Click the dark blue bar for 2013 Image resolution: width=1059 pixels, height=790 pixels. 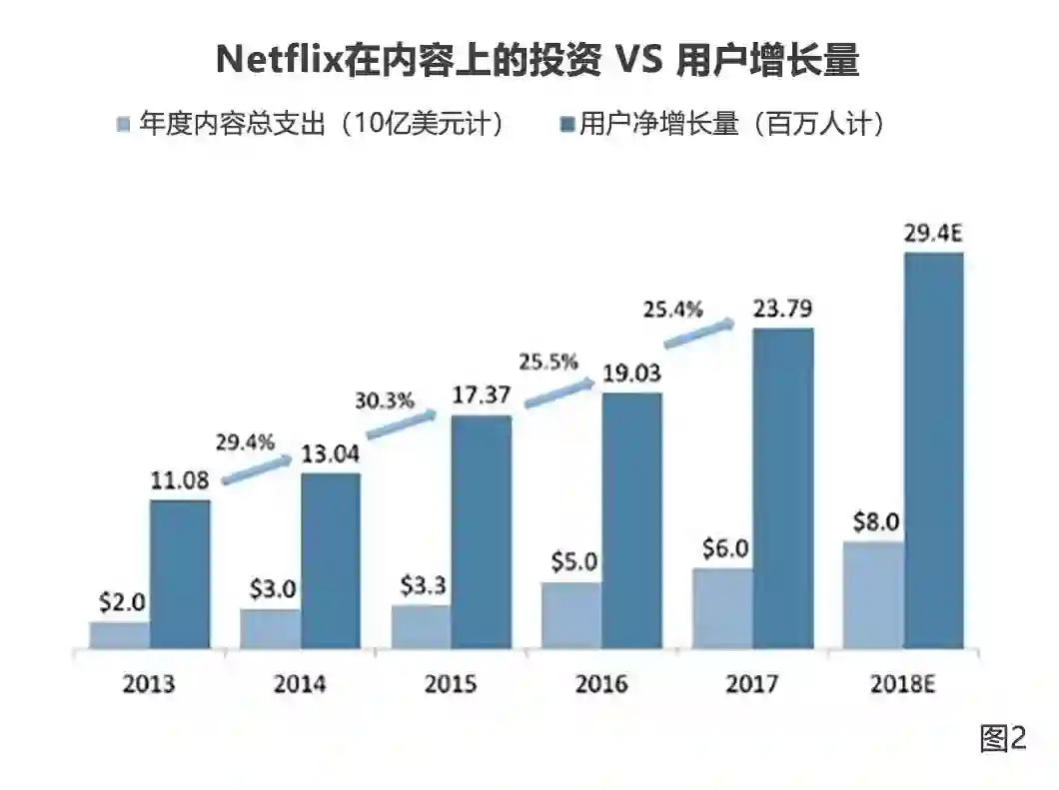tap(180, 574)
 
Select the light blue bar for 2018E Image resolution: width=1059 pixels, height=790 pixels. tap(872, 595)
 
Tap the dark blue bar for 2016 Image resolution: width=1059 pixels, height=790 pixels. tap(631, 520)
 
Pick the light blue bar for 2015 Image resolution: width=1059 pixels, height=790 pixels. tap(421, 627)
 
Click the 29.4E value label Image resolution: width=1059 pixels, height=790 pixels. tap(932, 235)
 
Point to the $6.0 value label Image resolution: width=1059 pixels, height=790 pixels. tap(722, 550)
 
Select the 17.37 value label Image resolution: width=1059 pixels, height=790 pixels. tap(482, 395)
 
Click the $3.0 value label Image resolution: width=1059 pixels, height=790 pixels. tap(270, 588)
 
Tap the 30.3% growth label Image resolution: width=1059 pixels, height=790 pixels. tap(384, 401)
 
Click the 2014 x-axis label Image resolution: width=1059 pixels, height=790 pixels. tap(300, 684)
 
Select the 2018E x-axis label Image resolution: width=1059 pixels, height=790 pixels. tap(904, 684)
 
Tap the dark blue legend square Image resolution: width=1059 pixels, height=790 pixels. tap(564, 125)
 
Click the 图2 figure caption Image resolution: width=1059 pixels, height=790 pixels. tap(1002, 738)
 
